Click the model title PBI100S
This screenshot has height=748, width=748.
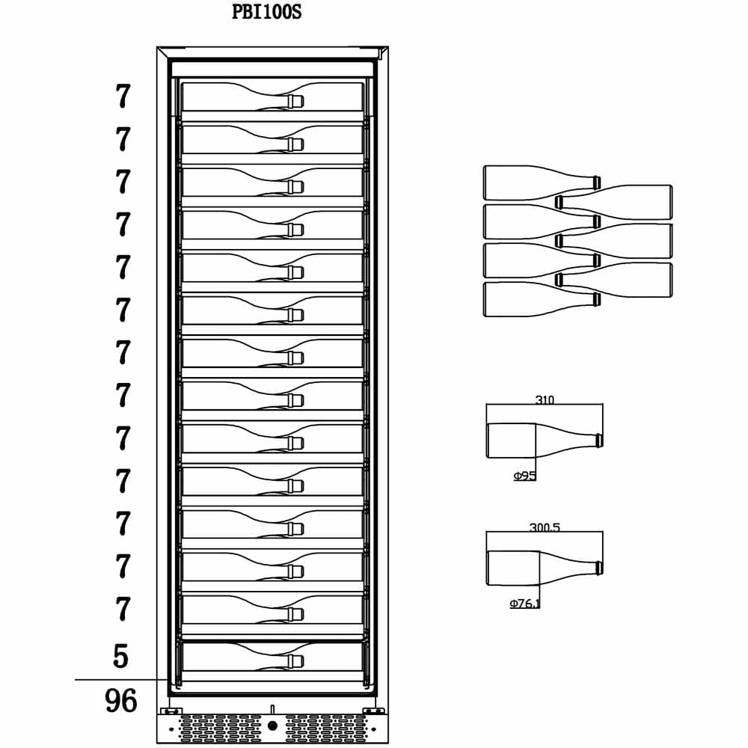click(x=267, y=12)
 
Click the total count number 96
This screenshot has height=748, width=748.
click(x=120, y=701)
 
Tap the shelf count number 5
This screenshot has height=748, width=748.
click(x=120, y=656)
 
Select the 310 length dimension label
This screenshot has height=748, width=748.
click(x=545, y=399)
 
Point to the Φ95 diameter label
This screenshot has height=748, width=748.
click(x=525, y=476)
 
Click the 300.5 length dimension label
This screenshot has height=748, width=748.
click(x=545, y=527)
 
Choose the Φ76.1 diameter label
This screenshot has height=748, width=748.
click(x=525, y=604)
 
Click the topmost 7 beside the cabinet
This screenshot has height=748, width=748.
click(x=123, y=96)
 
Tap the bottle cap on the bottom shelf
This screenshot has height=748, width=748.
click(x=295, y=660)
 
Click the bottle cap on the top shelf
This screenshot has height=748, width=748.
click(x=295, y=101)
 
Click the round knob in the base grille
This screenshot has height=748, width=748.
click(x=272, y=726)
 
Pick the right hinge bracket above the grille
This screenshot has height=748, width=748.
click(x=373, y=711)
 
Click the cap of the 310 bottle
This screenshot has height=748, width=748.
click(x=600, y=441)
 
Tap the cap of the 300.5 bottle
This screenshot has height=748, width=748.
click(x=600, y=568)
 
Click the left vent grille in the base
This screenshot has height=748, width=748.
click(x=220, y=728)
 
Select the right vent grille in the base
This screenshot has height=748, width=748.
click(x=326, y=728)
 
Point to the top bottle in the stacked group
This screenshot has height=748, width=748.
click(x=542, y=183)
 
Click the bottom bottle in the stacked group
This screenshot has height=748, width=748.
click(x=542, y=300)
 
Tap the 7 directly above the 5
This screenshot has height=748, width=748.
click(x=123, y=609)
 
